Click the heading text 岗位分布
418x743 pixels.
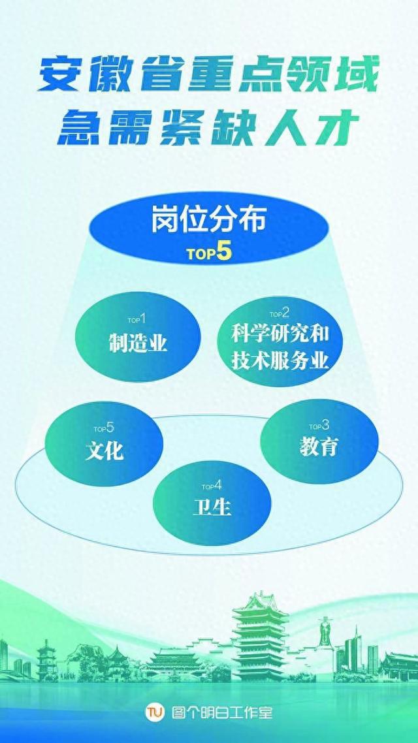pyautogui.click(x=208, y=219)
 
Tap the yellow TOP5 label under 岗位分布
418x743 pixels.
pyautogui.click(x=209, y=252)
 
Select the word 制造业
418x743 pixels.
pyautogui.click(x=138, y=341)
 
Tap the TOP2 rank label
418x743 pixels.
pyautogui.click(x=279, y=313)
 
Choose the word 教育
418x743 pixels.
pyautogui.click(x=319, y=445)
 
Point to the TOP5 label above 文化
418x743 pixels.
pyautogui.click(x=104, y=428)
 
